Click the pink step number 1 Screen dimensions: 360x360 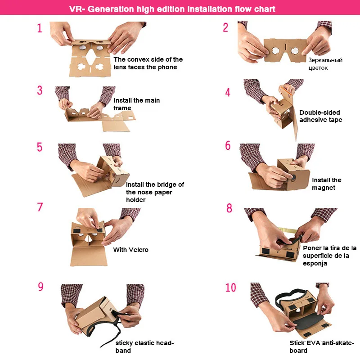(40, 28)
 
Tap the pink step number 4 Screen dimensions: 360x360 (228, 92)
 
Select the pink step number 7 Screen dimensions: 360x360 (40, 207)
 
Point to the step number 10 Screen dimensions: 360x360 (230, 288)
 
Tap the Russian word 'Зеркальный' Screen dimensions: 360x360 (325, 60)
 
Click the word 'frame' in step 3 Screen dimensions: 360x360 (122, 108)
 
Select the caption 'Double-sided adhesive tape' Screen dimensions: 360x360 (320, 116)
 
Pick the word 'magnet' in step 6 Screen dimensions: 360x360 (324, 188)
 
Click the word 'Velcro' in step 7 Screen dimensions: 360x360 (139, 250)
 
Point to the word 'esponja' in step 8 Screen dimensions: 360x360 (315, 263)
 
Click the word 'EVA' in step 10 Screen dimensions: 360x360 (313, 343)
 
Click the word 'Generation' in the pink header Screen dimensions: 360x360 (111, 9)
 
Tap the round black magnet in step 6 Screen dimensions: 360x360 (293, 177)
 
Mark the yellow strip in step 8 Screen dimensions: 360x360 (287, 230)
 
